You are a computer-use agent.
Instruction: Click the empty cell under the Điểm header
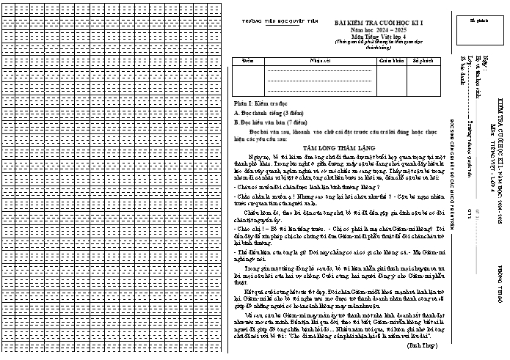(x=247, y=81)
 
